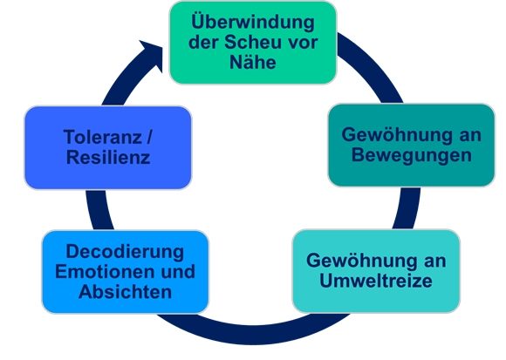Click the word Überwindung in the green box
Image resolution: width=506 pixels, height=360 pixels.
253,23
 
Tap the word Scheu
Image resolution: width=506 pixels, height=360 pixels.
250,42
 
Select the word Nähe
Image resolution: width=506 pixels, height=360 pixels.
253,62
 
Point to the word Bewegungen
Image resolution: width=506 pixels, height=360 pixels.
412,155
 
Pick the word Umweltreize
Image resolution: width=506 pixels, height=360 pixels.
376,281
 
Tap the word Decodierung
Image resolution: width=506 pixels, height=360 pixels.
125,252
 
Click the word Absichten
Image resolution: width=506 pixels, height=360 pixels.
125,292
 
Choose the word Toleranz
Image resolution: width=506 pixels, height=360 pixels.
103,137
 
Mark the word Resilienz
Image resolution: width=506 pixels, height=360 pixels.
108,157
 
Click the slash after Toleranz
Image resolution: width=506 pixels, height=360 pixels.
149,137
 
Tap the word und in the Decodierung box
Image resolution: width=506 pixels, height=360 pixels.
178,271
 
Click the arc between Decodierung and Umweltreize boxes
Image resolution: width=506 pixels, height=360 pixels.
252,334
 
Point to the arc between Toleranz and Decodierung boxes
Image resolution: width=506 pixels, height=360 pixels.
98,210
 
